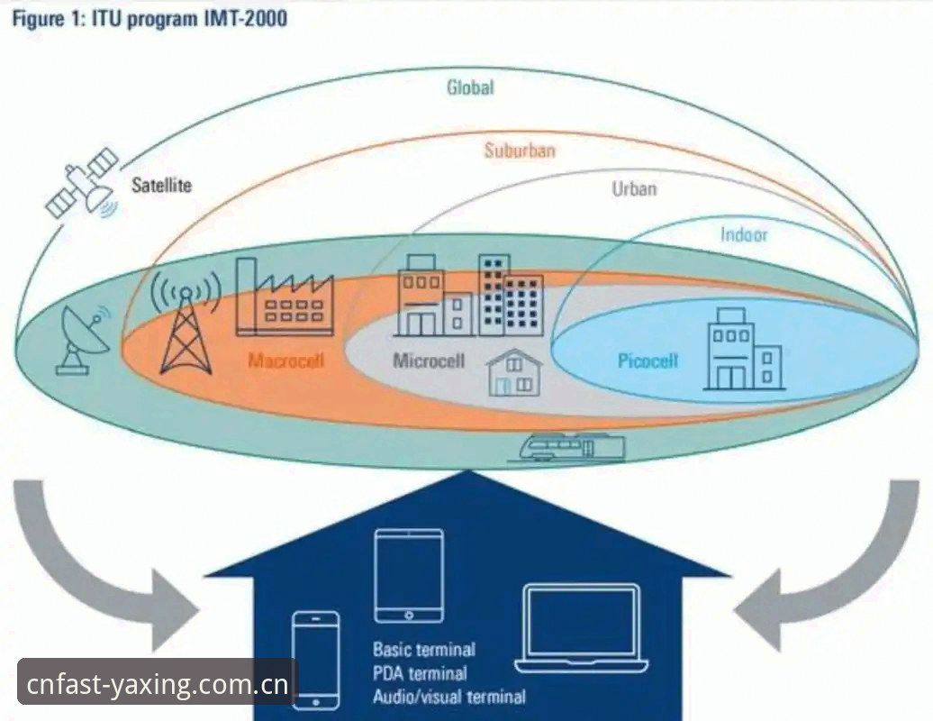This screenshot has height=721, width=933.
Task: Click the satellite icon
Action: coord(83,183)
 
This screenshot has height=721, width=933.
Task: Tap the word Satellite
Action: coord(162,185)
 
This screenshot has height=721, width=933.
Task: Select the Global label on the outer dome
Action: coord(470,87)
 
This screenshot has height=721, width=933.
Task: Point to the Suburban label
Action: coord(520,150)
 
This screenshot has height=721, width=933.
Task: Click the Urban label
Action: coord(634,189)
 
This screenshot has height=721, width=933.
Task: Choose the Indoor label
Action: coord(744,234)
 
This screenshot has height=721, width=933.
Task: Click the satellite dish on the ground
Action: coord(83,340)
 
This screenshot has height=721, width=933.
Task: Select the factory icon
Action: coord(285,297)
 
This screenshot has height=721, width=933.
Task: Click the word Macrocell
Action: coord(286,360)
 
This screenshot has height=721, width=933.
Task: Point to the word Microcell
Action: coord(429,360)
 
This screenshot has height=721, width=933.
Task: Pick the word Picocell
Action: coord(648,360)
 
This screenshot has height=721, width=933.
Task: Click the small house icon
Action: coord(514,373)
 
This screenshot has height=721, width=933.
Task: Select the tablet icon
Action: coord(409,576)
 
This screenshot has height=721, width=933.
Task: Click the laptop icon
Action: coord(582,629)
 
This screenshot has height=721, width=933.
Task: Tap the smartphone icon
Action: coord(316,661)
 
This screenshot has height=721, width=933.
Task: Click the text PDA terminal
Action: coord(420,673)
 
